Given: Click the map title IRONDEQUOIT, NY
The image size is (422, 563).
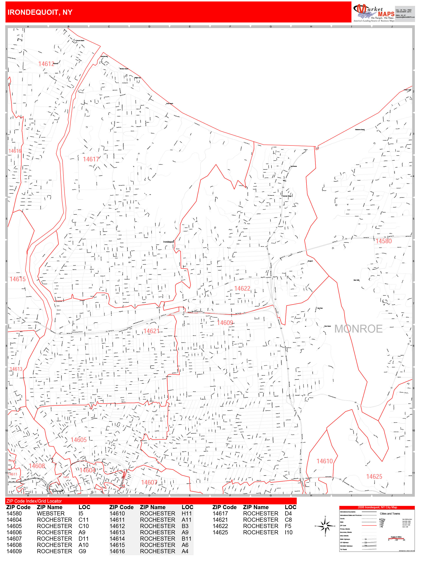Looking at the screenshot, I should [40, 12].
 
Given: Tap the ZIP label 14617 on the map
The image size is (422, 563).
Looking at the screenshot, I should [91, 159].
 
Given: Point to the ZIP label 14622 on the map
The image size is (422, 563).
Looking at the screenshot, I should [242, 288].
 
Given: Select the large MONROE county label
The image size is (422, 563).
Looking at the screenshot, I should [358, 329].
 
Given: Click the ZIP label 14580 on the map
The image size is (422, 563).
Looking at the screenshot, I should [384, 241].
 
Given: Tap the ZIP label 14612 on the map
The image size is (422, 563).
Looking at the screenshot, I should [46, 64].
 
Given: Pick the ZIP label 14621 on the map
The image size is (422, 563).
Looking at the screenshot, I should [151, 331].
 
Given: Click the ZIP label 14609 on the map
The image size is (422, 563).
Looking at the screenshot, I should [225, 323].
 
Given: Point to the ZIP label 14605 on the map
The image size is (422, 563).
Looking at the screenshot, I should [78, 440].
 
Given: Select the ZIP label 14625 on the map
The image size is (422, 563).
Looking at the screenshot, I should [374, 477].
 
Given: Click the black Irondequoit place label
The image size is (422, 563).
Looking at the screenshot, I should [168, 242].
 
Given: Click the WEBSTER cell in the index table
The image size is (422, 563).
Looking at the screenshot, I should [51, 514].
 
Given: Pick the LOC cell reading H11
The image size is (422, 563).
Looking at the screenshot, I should [186, 514].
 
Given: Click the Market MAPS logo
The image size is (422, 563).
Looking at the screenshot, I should [373, 12].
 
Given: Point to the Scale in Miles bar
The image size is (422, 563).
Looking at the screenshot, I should [396, 538].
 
